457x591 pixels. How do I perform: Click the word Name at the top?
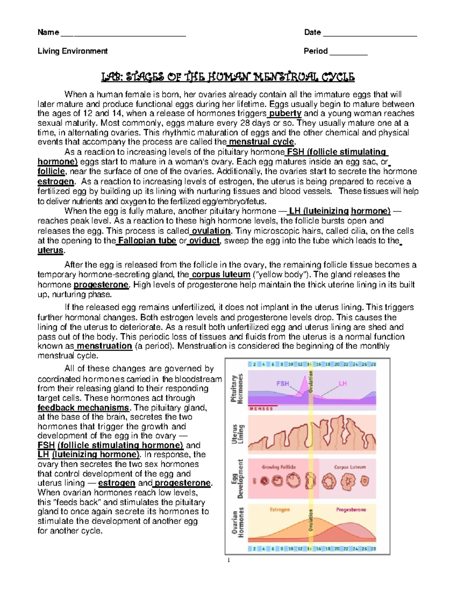tap(48, 32)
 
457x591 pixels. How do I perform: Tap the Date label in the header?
tap(312, 32)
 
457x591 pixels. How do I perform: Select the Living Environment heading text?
tap(72, 51)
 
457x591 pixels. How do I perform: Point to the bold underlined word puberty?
tap(285, 113)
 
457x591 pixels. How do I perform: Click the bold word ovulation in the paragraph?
tap(211, 231)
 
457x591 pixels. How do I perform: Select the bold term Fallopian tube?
tap(147, 241)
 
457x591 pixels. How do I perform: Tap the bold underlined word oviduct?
tap(205, 241)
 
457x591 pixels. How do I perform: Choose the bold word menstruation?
tap(104, 346)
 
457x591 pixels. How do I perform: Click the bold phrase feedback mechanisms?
tap(83, 408)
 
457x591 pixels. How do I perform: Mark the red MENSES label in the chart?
tap(261, 409)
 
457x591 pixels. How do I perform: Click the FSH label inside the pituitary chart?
tap(283, 384)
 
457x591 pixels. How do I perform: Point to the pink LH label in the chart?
tap(343, 384)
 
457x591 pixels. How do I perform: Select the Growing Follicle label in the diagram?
tap(279, 467)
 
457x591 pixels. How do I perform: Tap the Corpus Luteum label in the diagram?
tap(350, 467)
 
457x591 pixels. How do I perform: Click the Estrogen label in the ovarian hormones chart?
tap(280, 510)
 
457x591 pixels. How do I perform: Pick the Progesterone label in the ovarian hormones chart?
tap(351, 510)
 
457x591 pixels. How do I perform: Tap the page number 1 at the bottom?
tap(228, 560)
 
